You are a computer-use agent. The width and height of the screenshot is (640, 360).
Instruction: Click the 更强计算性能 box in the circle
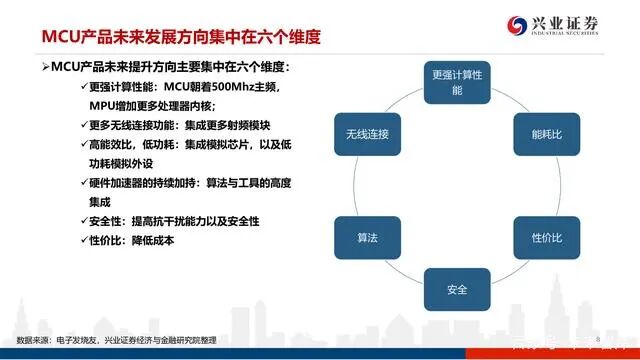point(458,82)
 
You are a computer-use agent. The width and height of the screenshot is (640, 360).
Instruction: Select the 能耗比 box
point(546,132)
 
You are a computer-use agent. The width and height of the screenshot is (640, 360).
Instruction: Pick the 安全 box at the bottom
point(457,290)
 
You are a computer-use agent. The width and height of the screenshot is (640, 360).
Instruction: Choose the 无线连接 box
point(367,133)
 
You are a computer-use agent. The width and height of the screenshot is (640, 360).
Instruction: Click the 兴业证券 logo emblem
point(519,25)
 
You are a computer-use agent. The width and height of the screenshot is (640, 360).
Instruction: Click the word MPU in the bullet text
point(105,105)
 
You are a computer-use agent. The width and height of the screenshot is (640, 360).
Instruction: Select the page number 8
point(597,343)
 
